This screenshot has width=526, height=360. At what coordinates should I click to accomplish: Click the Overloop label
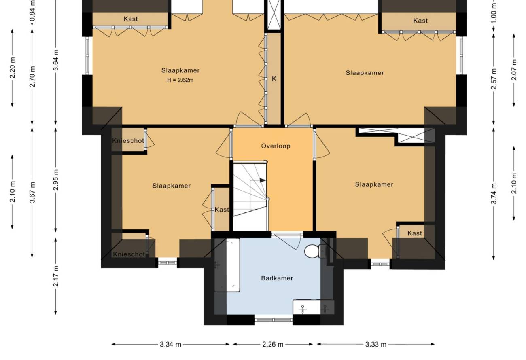tap(276, 146)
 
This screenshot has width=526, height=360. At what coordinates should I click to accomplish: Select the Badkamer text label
tap(277, 278)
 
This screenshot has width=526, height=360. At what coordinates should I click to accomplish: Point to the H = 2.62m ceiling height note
tap(180, 80)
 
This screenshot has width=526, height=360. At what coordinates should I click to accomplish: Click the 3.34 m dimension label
tap(170, 345)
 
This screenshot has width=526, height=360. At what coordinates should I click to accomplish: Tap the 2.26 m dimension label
tap(273, 345)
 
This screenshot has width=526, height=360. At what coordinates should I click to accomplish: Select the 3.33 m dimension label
tap(376, 345)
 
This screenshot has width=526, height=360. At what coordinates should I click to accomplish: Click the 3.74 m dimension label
tap(494, 194)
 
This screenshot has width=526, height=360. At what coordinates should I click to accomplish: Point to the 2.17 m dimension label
tap(56, 276)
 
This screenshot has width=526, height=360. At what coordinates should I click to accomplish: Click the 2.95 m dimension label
tap(56, 180)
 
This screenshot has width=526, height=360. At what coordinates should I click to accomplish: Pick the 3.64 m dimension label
tap(56, 60)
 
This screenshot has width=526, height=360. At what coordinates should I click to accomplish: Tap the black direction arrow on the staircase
tap(262, 180)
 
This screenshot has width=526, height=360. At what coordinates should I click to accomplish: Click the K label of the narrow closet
tap(274, 79)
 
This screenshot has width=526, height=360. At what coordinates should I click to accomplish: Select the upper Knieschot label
tap(128, 141)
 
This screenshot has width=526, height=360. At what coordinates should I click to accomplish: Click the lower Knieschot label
tap(129, 254)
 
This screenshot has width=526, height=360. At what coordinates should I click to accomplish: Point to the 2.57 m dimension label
tap(494, 78)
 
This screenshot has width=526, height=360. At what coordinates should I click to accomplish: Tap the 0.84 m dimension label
tap(32, 11)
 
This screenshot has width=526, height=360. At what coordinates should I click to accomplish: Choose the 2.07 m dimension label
tap(514, 70)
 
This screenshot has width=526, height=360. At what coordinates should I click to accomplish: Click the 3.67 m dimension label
tap(32, 192)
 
